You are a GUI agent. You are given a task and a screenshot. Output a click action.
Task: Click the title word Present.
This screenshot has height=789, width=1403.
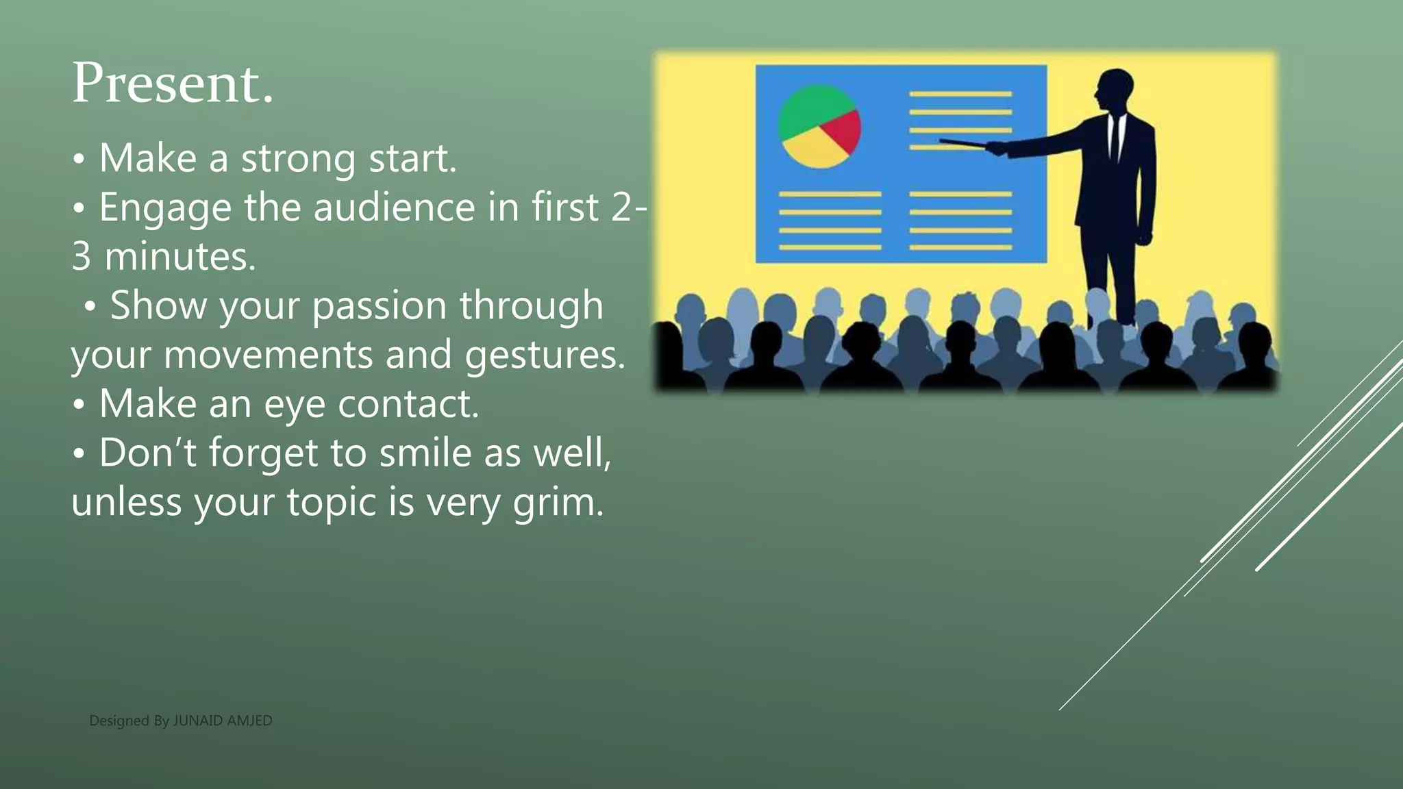[x=173, y=84]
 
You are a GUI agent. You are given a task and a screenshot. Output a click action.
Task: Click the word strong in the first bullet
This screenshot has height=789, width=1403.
[x=298, y=159]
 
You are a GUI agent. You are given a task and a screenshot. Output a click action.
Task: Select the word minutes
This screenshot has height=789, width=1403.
[x=179, y=257]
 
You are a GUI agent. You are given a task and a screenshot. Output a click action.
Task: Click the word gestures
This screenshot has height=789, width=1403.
[x=545, y=355]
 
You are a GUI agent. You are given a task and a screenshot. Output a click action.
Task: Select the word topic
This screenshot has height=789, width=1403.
[x=331, y=502]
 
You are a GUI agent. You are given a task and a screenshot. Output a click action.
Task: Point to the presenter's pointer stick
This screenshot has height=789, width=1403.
[x=963, y=143]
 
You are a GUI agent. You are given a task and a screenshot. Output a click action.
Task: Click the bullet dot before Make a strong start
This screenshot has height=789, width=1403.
[x=79, y=159]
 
